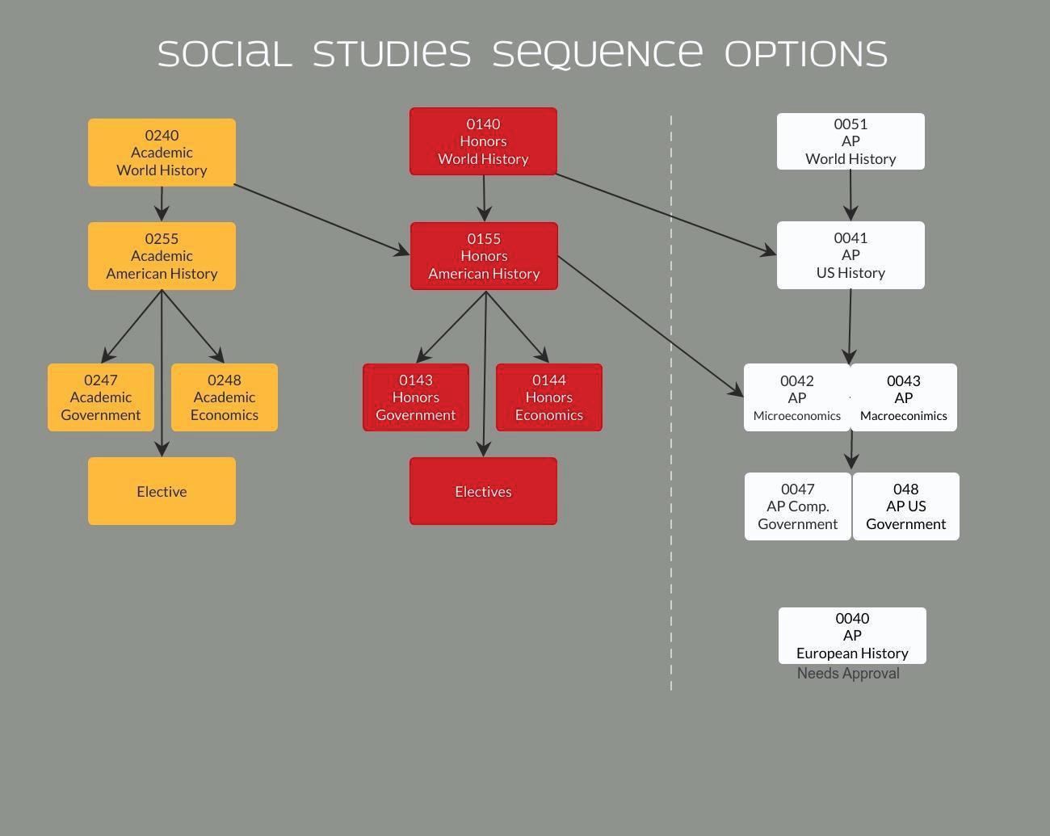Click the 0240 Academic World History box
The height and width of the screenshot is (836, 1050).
162,153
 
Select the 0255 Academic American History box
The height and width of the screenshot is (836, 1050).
162,256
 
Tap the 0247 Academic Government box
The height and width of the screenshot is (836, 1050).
101,397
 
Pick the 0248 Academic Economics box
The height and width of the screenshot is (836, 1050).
225,397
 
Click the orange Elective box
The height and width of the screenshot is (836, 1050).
162,491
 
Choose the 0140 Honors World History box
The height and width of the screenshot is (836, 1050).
483,141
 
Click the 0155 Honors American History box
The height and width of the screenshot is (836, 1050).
484,256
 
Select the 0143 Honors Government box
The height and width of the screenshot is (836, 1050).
416,397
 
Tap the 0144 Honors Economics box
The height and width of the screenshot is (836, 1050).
549,397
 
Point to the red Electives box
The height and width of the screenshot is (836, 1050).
483,491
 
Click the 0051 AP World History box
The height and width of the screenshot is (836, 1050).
850,141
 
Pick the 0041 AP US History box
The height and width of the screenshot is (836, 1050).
850,255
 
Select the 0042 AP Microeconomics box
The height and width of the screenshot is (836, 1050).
796,397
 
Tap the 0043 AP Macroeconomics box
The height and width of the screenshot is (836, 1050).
904,397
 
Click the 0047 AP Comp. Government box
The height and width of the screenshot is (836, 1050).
797,506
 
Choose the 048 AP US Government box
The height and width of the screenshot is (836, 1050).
906,506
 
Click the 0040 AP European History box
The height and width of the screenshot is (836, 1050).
852,636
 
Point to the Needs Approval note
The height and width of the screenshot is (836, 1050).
848,674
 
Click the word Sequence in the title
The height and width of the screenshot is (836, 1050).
598,54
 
